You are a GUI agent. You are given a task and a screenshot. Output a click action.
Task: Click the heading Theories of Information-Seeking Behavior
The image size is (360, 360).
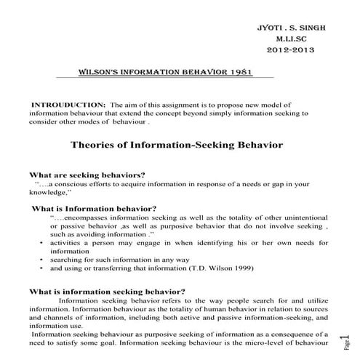[177, 145]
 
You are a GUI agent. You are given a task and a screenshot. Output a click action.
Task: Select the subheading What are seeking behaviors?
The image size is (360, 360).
[86, 175]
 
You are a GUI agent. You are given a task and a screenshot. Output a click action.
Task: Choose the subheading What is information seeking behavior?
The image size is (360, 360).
[106, 292]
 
